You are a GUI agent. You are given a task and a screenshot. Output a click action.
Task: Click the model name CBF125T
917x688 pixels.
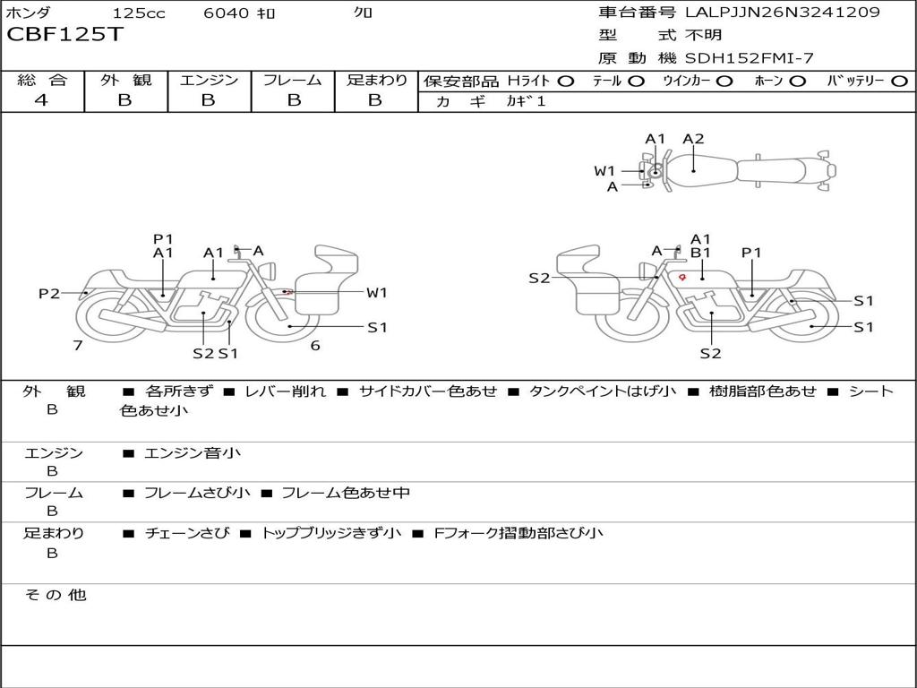(65, 35)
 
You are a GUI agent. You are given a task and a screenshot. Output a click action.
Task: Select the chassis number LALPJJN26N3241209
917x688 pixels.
(782, 13)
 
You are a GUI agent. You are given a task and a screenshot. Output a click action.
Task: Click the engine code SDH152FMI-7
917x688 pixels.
(750, 58)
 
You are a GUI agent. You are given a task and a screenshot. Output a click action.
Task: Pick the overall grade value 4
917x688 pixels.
(41, 100)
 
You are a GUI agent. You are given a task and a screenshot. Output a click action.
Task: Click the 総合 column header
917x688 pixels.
(42, 80)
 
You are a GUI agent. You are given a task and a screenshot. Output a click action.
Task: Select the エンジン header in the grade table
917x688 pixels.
(209, 80)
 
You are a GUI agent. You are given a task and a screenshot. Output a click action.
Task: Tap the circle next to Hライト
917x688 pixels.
(567, 81)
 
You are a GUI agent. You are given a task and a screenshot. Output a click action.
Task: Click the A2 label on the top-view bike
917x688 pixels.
(693, 139)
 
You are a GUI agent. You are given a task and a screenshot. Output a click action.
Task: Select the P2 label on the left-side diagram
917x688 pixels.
(49, 294)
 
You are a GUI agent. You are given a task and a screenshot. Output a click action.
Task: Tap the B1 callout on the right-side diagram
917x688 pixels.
(700, 254)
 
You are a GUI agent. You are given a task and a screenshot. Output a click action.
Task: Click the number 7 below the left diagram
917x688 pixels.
(78, 345)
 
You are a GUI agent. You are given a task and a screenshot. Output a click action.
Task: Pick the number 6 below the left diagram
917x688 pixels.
(315, 345)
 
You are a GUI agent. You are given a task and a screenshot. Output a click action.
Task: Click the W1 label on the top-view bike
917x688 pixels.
(604, 171)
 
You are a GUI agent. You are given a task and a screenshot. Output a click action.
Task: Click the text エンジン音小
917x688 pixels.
(193, 453)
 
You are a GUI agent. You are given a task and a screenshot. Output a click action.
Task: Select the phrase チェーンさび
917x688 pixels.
(181, 533)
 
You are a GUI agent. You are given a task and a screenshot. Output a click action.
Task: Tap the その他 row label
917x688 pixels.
(55, 595)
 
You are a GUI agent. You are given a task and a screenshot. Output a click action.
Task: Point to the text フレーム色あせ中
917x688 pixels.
(346, 493)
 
